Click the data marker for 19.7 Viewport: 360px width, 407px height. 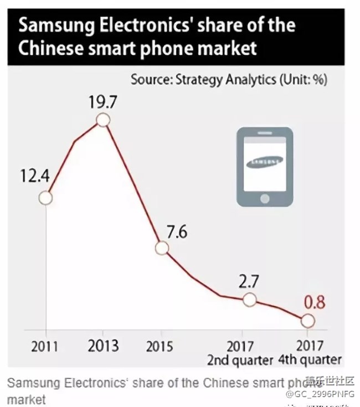click(102, 120)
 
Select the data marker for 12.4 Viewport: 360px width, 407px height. click(46, 197)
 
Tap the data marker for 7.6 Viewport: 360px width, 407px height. click(161, 248)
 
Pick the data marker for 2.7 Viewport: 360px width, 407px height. click(249, 300)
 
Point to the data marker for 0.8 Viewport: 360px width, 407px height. click(307, 321)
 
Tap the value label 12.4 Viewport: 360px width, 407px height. click(35, 177)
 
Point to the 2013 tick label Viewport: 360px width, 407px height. click(102, 347)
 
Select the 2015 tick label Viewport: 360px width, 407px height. click(161, 347)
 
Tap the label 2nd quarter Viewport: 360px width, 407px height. click(240, 360)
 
